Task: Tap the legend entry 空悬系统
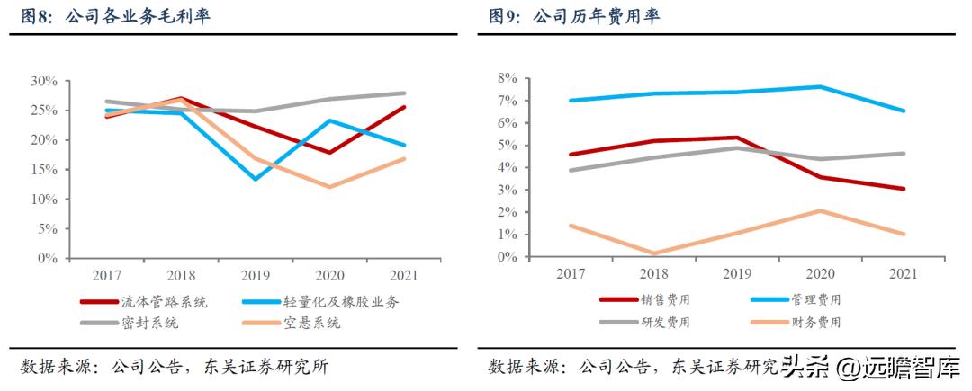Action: coord(311,324)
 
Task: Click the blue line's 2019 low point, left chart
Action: coord(256,179)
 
